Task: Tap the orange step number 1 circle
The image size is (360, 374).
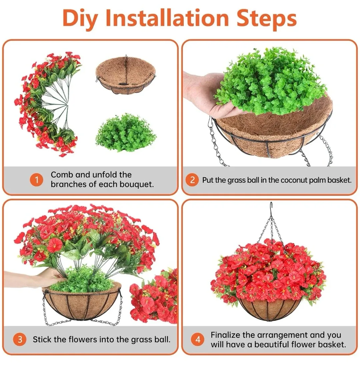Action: pos(36,180)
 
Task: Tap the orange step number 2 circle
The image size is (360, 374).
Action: pos(192,180)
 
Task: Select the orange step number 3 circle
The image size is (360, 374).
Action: pos(20,339)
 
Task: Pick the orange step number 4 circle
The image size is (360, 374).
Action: pos(198,340)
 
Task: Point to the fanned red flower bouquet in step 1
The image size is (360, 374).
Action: pos(47,103)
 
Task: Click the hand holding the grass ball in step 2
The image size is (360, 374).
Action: pos(203,93)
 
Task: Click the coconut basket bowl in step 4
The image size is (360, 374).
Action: pos(270,309)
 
